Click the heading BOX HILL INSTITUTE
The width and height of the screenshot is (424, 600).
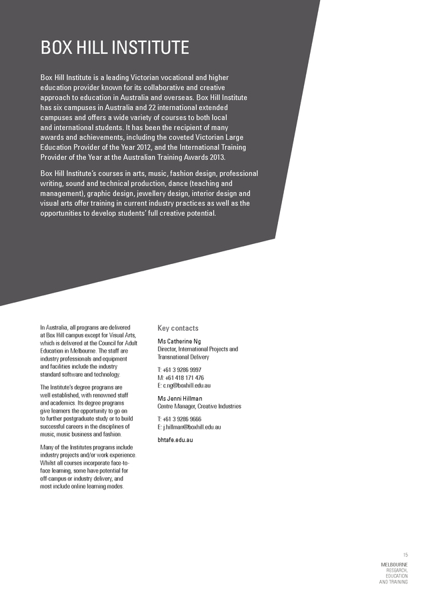coord(115,48)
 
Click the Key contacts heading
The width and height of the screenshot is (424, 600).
coord(177,328)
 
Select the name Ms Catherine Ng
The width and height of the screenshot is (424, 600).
coord(179,342)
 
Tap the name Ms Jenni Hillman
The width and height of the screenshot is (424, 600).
coord(180,399)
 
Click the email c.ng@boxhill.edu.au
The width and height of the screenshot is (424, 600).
coord(187,385)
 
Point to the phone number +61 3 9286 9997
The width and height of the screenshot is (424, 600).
coord(183,369)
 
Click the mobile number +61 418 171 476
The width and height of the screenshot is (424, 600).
coord(184,377)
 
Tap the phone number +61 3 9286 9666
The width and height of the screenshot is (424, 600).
coord(183,419)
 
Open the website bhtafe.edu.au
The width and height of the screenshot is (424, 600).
coord(177,440)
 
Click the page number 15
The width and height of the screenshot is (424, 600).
coord(405,555)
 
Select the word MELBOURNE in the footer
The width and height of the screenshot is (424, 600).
coord(394,565)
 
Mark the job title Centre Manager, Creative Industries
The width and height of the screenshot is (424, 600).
coord(199,406)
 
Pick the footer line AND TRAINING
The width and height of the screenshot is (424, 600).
coord(393,582)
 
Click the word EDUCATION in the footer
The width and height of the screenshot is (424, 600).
coord(397,576)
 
